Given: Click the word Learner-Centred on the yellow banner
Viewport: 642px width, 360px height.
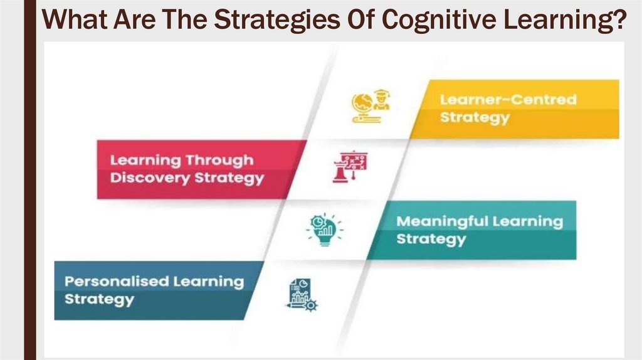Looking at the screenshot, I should pyautogui.click(x=508, y=100).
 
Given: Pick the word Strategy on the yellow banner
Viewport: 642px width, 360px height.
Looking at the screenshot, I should pyautogui.click(x=475, y=117).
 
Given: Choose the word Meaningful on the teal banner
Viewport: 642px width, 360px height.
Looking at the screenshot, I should pyautogui.click(x=443, y=221).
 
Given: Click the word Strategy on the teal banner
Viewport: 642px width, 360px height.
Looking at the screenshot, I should pyautogui.click(x=431, y=239).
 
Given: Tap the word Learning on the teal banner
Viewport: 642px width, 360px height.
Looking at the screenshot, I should pyautogui.click(x=528, y=221).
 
